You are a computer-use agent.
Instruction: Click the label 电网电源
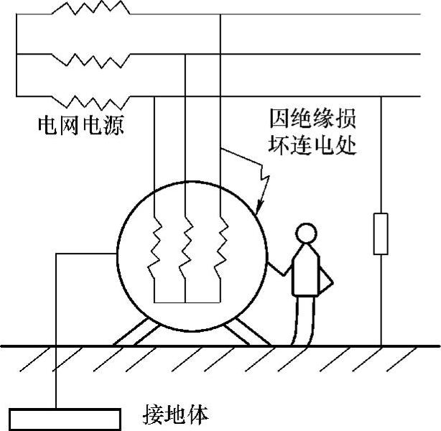pyautogui.click(x=80, y=126)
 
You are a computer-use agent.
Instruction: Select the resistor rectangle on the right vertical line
pyautogui.click(x=381, y=233)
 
